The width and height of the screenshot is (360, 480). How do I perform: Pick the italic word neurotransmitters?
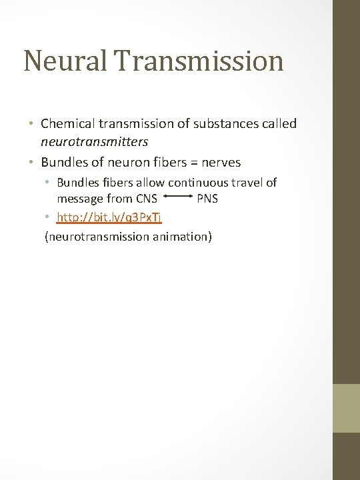tap(94, 142)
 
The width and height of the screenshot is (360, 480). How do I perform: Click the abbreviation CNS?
tap(145, 199)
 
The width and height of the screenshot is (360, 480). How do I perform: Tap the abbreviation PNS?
tap(207, 199)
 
